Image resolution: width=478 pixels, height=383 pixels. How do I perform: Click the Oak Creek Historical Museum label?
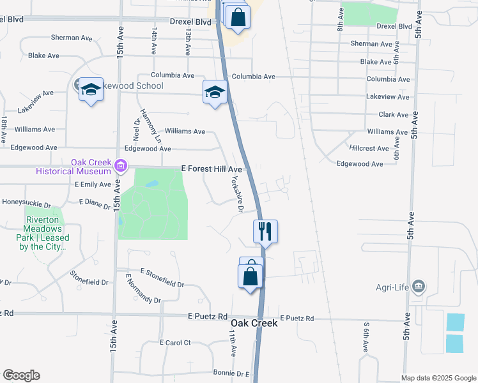(x=73, y=167)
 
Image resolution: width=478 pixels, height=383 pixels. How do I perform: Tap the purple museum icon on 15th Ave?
(x=119, y=168)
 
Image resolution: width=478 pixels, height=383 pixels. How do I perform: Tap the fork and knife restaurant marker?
(x=265, y=231)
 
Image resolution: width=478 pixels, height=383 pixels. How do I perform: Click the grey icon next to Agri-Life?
(x=419, y=286)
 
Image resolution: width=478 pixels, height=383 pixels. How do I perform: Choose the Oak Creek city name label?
(x=254, y=324)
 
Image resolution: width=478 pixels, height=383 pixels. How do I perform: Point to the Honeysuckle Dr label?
(x=26, y=204)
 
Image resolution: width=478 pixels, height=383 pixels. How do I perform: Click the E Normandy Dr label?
(x=143, y=289)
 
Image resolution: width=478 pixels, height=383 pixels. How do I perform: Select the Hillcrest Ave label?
(x=369, y=148)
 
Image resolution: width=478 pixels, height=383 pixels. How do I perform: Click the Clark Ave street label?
(x=393, y=116)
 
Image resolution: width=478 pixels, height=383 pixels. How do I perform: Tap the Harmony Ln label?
(x=153, y=124)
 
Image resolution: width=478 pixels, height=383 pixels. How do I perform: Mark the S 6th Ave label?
(x=366, y=338)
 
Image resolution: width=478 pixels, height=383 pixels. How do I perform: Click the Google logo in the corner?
(x=21, y=375)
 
